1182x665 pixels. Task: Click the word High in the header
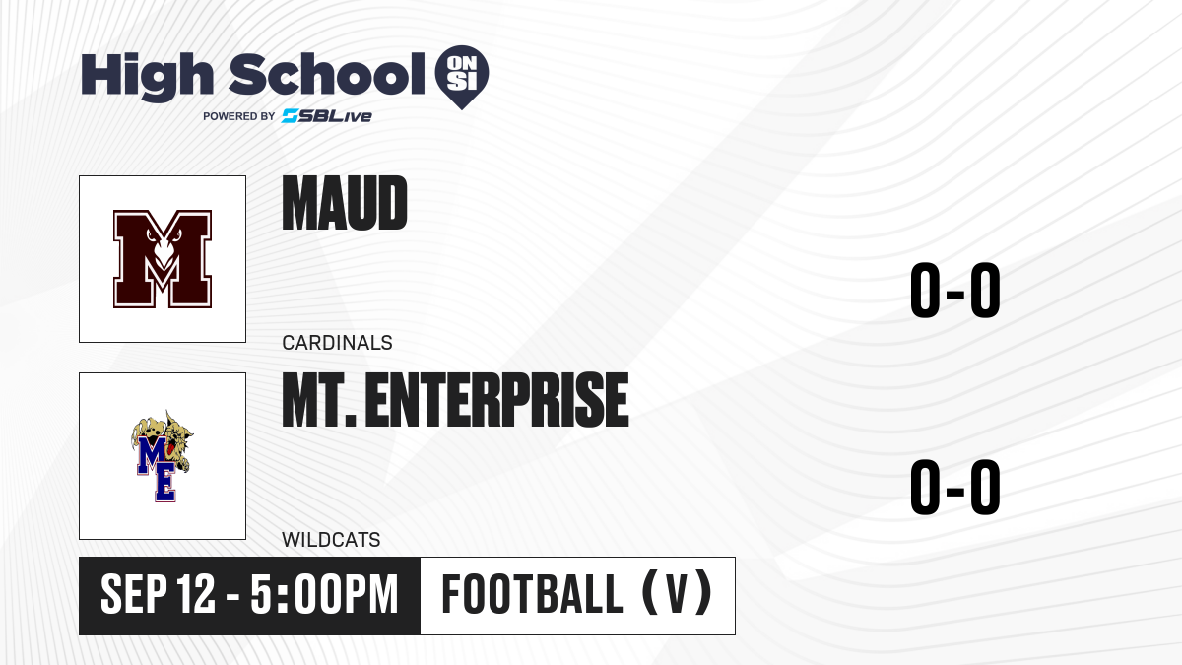point(147,76)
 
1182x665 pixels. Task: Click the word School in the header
point(327,75)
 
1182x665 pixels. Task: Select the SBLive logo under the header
point(327,116)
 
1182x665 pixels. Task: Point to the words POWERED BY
point(239,116)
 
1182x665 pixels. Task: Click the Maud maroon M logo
point(163,258)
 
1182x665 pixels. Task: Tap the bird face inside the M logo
point(164,245)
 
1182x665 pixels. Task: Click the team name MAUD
point(345,203)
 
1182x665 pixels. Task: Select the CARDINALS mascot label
point(337,343)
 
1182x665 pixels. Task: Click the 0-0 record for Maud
point(955,290)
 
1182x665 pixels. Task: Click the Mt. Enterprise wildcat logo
point(162,456)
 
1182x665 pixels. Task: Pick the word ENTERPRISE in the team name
point(496,400)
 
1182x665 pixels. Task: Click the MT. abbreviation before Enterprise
point(319,400)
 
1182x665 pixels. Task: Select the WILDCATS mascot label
point(331,540)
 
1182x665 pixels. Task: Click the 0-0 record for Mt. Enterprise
point(955,487)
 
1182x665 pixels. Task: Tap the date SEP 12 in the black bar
point(158,594)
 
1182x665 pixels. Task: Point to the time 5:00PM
point(324,594)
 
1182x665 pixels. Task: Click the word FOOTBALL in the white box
point(532,594)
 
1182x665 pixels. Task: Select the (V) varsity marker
point(677,593)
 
